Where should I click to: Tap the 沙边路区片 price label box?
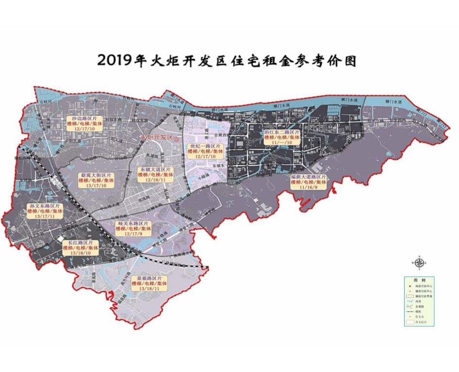click(x=82, y=124)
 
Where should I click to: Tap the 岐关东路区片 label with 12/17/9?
click(x=133, y=228)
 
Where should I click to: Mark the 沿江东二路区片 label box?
click(x=282, y=137)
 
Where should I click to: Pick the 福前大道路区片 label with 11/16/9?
click(x=309, y=182)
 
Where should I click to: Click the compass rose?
click(x=419, y=263)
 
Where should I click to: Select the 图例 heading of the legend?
click(x=419, y=281)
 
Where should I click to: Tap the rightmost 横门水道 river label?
click(x=393, y=101)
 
